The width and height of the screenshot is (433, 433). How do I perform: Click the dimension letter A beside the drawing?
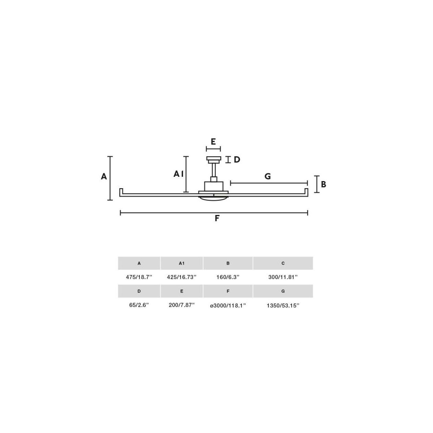104,176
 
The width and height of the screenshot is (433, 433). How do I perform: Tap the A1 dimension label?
178,174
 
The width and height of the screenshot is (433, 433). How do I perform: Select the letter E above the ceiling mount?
213,142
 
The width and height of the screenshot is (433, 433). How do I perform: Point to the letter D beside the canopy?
237,159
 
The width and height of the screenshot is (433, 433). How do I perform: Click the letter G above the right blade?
268,176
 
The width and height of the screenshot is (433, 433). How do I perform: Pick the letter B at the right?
324,184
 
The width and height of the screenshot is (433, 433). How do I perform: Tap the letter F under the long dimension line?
217,218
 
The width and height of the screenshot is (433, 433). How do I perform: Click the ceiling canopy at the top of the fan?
214,159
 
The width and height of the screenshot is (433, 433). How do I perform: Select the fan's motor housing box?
214,187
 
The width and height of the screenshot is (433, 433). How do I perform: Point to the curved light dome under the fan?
213,198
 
